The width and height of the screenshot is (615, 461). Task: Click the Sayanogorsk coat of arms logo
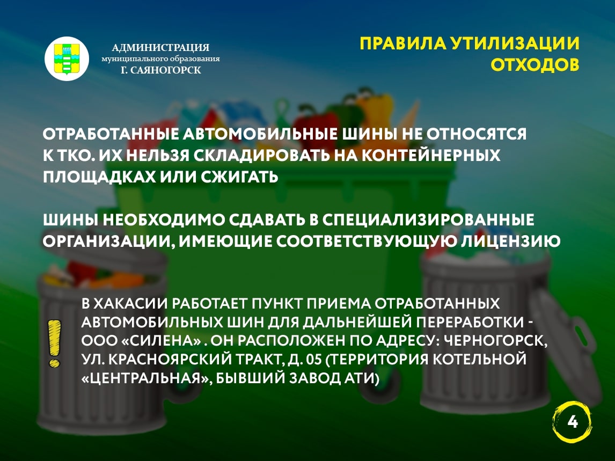coord(67,58)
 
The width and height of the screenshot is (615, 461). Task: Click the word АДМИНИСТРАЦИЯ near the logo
coord(160,47)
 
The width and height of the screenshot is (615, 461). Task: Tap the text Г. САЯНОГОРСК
coord(161,70)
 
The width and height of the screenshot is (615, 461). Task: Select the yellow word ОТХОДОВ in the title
coord(535,65)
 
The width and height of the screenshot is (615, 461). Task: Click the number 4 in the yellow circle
coord(573,422)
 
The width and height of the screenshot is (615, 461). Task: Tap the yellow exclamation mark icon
coord(54,343)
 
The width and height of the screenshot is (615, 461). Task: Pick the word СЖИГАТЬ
coord(240,177)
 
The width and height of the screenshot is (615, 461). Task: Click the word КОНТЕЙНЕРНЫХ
coord(430,156)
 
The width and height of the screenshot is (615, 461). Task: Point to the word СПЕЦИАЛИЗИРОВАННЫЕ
coord(428,219)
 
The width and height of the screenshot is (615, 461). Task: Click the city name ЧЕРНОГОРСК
coord(495,341)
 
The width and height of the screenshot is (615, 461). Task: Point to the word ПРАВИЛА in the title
coord(403,43)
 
